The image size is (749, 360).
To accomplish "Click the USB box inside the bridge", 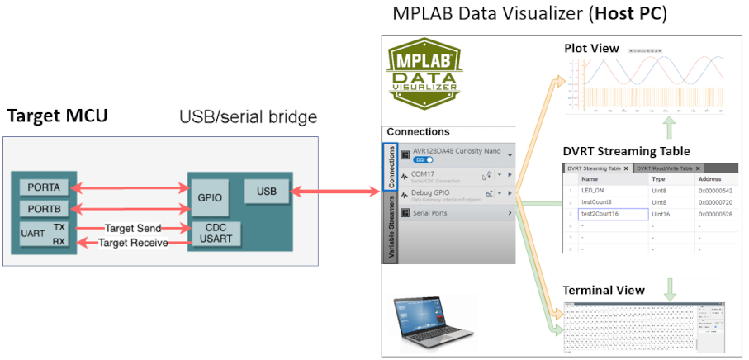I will pos(265,192).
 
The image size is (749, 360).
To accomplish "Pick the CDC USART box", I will pos(215,234).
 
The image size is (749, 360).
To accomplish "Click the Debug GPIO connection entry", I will pos(442,195).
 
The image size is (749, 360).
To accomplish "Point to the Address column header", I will pos(712,178).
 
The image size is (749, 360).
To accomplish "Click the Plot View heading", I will pos(591,49).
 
